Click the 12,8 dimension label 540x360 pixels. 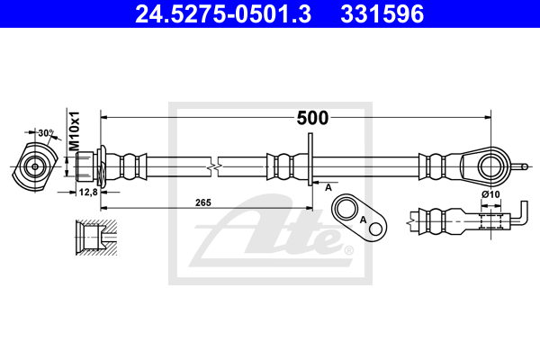click(x=88, y=192)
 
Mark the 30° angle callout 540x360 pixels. click(x=44, y=132)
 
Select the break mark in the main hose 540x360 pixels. click(x=213, y=166)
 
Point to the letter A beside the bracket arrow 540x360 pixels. click(x=328, y=186)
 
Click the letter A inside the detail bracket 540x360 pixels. click(x=362, y=220)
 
